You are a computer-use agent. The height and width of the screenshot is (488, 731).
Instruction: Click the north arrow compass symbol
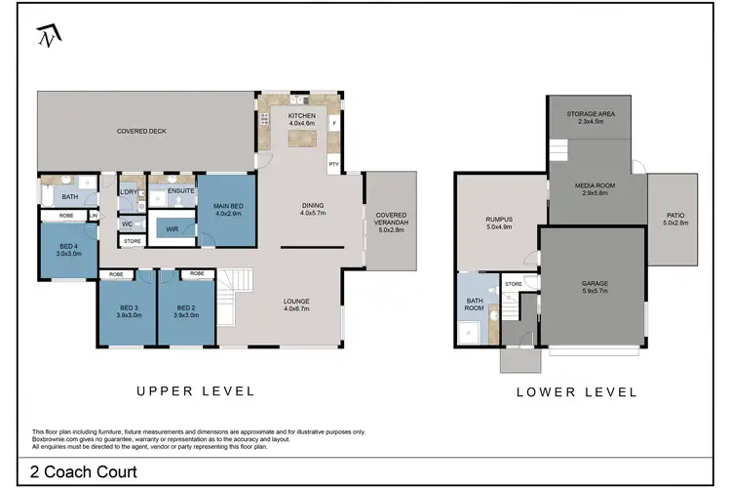[x=49, y=35]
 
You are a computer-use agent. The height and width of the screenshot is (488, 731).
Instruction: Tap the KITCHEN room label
[x=301, y=115]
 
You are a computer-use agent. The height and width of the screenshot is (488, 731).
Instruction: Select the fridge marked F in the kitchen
[x=333, y=123]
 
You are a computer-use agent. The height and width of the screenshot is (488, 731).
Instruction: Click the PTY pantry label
[x=333, y=164]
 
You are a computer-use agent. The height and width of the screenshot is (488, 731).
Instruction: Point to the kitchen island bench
[x=302, y=139]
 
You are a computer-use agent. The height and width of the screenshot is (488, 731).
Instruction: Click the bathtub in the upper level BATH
[x=47, y=195]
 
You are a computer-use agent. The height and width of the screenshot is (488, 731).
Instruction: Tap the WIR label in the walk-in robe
[x=172, y=229]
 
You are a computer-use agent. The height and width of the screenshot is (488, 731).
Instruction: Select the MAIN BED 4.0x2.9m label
[x=228, y=210]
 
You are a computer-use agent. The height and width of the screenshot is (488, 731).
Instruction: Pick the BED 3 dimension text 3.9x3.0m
[x=129, y=315]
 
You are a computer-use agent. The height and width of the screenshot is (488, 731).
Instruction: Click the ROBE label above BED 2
[x=197, y=273]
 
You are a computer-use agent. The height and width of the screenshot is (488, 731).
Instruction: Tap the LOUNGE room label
[x=296, y=302]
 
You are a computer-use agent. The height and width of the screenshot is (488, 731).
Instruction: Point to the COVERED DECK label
[x=141, y=131]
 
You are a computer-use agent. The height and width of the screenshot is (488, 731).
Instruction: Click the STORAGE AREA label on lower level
[x=591, y=113]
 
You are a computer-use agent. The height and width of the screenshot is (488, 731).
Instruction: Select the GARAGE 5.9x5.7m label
[x=595, y=287]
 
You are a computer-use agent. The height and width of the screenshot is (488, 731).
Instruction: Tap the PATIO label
[x=675, y=216]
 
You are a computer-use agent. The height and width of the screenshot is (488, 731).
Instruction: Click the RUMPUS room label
[x=499, y=219]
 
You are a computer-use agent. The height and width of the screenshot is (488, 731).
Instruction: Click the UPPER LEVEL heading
[x=196, y=391]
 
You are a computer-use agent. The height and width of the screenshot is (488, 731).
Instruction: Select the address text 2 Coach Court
[x=84, y=472]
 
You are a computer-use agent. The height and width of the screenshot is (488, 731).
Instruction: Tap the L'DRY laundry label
[x=129, y=192]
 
